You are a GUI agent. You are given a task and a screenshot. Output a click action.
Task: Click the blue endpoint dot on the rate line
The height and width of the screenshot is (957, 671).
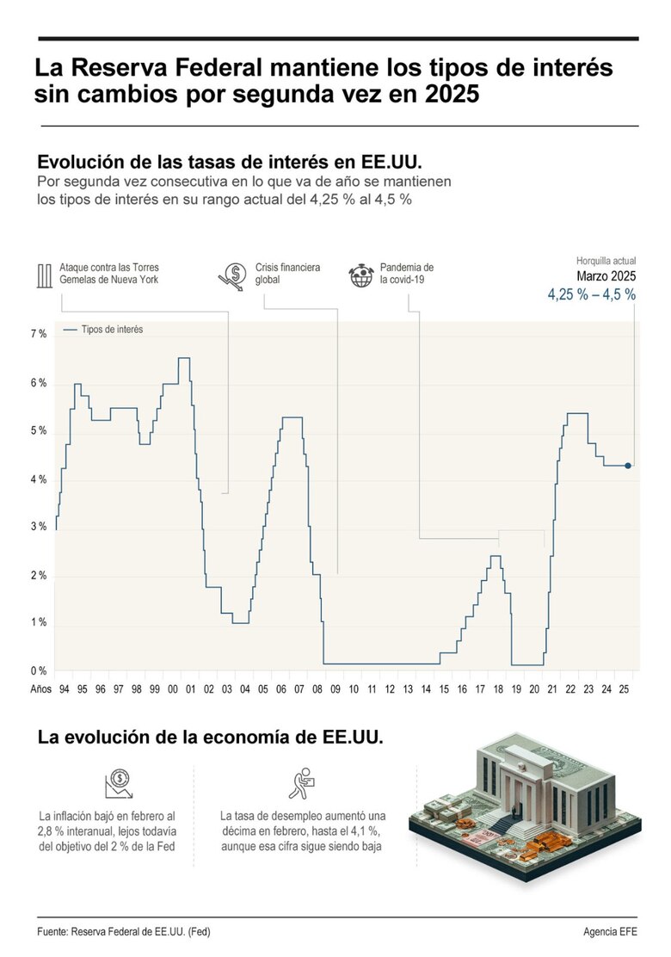click(628, 466)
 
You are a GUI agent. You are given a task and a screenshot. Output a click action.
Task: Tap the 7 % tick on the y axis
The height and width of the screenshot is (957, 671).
click(39, 334)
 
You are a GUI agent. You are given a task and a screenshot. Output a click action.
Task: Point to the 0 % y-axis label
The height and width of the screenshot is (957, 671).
click(39, 671)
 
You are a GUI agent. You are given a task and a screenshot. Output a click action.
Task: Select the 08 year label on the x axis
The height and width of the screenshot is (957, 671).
click(317, 690)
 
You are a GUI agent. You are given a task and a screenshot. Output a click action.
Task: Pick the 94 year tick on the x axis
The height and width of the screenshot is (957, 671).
click(65, 690)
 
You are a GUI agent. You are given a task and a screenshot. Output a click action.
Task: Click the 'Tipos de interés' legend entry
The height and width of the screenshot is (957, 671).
click(103, 329)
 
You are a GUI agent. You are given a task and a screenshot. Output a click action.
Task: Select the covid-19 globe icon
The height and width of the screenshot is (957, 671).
click(360, 275)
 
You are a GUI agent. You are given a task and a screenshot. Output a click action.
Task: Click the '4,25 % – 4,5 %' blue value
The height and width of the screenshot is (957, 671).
click(592, 294)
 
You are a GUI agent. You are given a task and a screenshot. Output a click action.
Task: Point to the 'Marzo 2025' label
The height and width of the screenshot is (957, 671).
click(606, 276)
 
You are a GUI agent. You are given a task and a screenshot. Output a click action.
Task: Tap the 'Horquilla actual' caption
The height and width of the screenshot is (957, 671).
click(606, 261)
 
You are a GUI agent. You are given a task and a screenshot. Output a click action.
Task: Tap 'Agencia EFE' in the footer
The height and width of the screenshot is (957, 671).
click(610, 932)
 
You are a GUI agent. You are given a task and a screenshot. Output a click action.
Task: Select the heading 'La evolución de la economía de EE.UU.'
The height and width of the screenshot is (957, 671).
click(209, 738)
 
